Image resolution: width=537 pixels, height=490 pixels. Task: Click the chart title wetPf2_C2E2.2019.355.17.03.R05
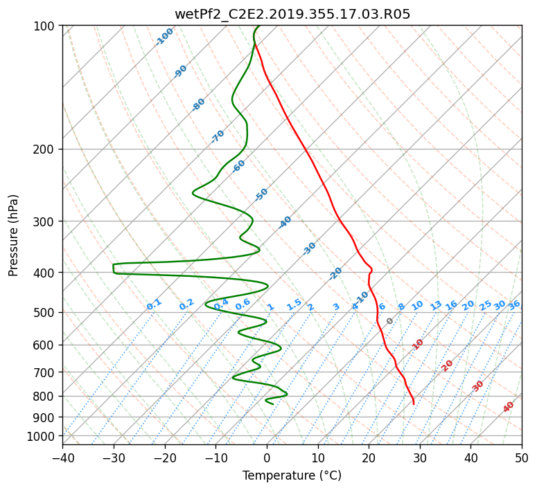tap(292, 14)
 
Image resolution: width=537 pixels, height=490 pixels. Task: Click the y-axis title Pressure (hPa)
tap(13, 235)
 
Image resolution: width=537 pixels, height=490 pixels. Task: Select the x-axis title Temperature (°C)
tap(292, 475)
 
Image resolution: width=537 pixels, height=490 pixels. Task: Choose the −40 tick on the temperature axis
tap(62, 458)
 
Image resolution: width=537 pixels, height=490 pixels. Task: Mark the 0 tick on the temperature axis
tap(267, 458)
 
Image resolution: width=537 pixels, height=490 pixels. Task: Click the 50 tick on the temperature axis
tap(522, 458)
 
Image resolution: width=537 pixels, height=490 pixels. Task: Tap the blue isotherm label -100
tap(165, 37)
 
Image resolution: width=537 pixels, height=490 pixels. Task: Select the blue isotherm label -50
tap(261, 194)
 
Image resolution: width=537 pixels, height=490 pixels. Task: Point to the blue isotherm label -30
tap(309, 248)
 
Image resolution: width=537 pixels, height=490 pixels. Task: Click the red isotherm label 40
tap(508, 407)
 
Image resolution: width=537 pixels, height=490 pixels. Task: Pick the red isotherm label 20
tap(447, 366)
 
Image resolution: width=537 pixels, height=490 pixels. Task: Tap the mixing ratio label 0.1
tap(154, 305)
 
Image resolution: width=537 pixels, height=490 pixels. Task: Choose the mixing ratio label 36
tap(514, 305)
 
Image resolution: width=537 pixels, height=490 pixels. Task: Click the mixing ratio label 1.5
tap(294, 305)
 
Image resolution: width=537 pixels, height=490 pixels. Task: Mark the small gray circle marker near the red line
tap(389, 321)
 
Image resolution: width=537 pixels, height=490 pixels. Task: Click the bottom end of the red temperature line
tap(414, 404)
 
